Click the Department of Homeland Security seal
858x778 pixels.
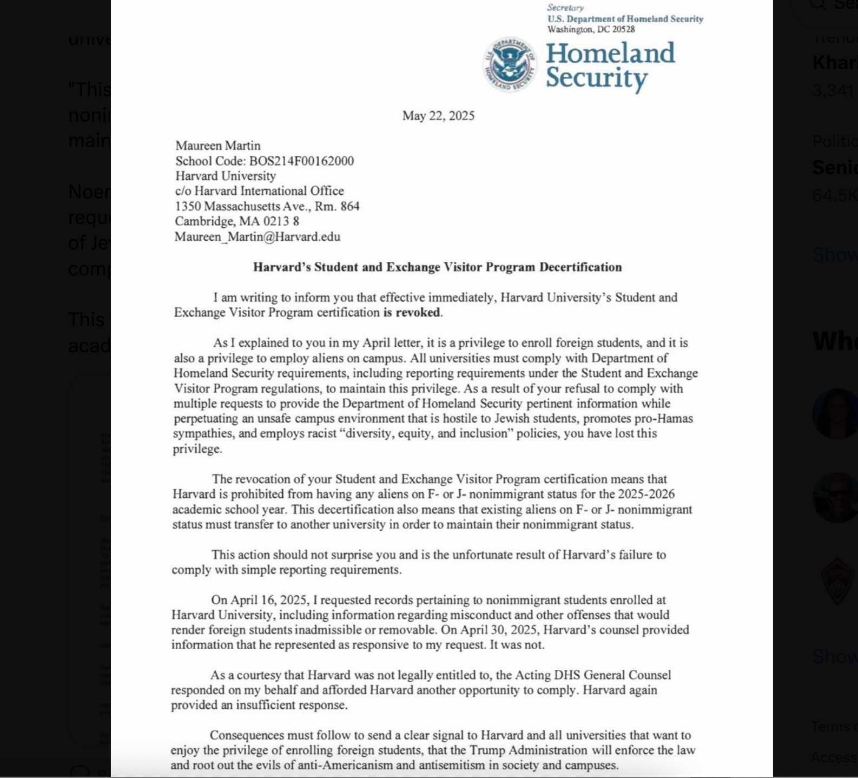[x=510, y=64]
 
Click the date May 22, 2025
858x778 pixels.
[x=438, y=116]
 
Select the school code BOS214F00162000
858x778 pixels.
[x=301, y=161]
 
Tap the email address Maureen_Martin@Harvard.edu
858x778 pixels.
[x=258, y=237]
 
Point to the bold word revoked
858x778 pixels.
[x=418, y=313]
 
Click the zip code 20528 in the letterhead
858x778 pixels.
[x=623, y=29]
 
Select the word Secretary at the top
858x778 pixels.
[x=565, y=8]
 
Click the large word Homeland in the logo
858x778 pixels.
[x=610, y=54]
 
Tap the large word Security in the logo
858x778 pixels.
[x=596, y=78]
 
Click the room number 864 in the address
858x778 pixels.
[x=350, y=206]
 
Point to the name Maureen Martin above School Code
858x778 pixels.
[x=218, y=146]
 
